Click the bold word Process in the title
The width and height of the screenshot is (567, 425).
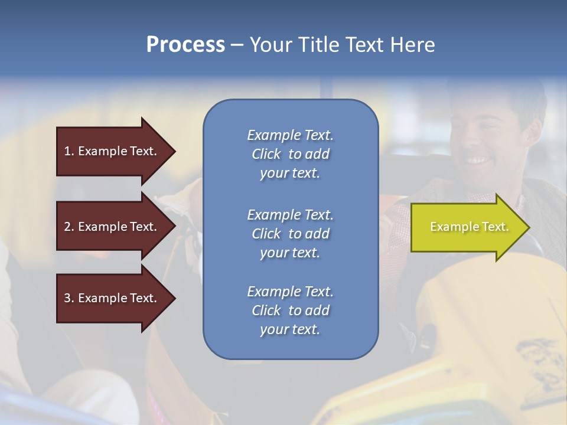[x=185, y=44]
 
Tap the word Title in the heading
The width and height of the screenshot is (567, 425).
[x=318, y=44]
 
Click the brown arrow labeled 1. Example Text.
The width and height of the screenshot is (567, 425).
[x=112, y=151]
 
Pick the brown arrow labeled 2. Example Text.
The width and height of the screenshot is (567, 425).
[x=112, y=227]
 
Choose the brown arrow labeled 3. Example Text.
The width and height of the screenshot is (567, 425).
[x=112, y=298]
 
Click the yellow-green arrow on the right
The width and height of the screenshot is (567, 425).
[x=467, y=227]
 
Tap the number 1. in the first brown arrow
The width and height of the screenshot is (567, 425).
[x=69, y=151]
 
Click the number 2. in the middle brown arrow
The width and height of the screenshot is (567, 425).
[x=69, y=227]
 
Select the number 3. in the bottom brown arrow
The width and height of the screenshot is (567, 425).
[x=69, y=298]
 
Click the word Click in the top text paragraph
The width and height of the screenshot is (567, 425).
[x=266, y=154]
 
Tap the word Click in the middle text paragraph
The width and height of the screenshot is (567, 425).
[x=266, y=234]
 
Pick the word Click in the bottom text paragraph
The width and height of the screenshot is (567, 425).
[x=266, y=310]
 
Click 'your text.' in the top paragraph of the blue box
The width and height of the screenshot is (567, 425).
[x=290, y=174]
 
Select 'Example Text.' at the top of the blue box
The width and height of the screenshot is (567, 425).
[x=290, y=135]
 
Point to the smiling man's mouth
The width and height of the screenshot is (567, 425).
[x=477, y=160]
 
